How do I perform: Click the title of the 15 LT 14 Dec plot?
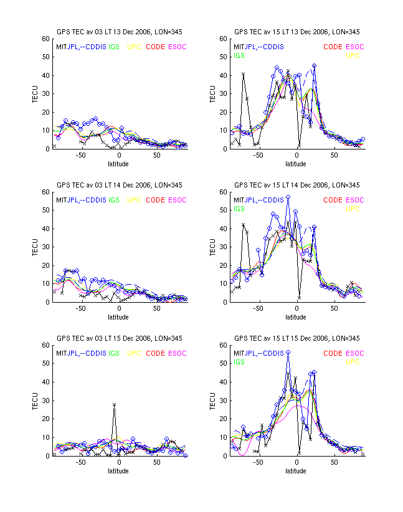(x=296, y=185)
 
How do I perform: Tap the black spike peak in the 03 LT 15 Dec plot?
(x=114, y=404)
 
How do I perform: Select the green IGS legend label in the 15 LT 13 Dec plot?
(x=239, y=55)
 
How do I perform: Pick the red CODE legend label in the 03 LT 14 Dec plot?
(x=155, y=200)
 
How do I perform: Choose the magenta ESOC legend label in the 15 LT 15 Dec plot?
(x=354, y=353)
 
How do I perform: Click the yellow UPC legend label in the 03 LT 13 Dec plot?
(x=135, y=47)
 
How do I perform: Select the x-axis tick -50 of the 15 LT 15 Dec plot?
(x=257, y=463)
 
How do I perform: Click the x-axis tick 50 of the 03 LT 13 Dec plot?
(x=156, y=156)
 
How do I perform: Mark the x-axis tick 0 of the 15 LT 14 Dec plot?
(x=296, y=310)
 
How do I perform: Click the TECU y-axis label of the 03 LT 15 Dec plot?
(x=36, y=401)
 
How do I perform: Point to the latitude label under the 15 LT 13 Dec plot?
(x=296, y=164)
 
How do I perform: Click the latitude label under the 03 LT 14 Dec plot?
(x=118, y=317)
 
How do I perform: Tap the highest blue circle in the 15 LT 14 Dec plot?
(x=288, y=197)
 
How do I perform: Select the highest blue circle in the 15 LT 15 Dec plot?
(x=288, y=352)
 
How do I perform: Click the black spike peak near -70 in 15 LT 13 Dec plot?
(x=243, y=73)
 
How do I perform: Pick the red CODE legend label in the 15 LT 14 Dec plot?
(x=333, y=200)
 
